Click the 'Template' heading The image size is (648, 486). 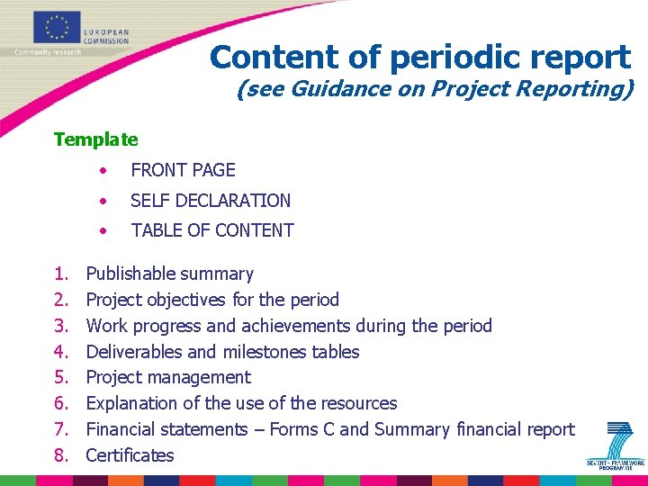tap(95, 139)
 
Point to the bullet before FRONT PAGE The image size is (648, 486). tap(105, 170)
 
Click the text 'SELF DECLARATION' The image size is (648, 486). tap(211, 201)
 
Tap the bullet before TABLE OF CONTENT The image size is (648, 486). tap(105, 231)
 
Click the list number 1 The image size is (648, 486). tap(60, 274)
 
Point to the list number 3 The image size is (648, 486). tap(60, 326)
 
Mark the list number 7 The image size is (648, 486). tap(60, 429)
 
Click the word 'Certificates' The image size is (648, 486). tap(130, 455)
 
